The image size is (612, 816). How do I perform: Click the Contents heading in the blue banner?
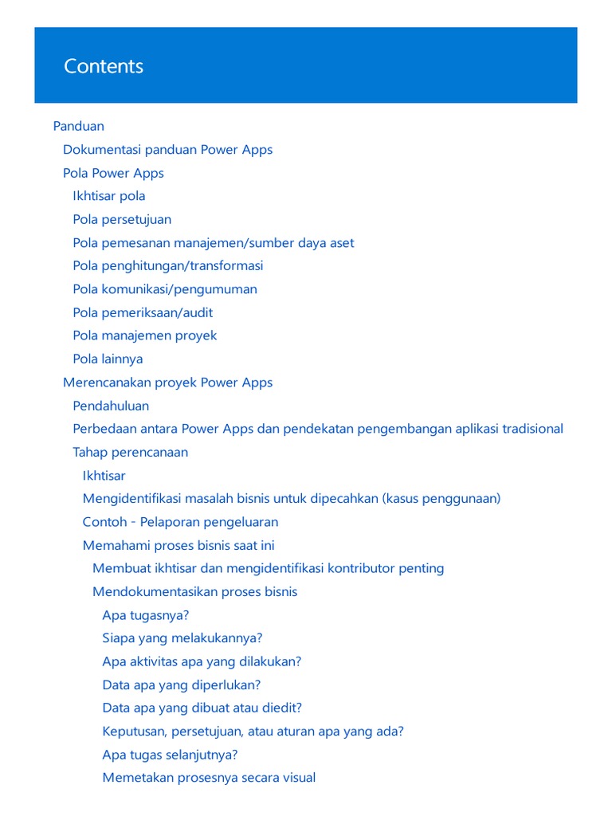pos(104,66)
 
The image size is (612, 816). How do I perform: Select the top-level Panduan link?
pos(78,126)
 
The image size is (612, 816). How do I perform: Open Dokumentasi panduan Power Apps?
pos(167,150)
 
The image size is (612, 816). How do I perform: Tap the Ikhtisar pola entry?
pos(109,196)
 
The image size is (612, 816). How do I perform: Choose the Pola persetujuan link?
pos(122,219)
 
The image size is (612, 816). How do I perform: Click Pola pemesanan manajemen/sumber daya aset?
pos(214,243)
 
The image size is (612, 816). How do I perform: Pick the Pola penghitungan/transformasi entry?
pos(167,265)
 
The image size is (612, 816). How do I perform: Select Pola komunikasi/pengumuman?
pos(165,289)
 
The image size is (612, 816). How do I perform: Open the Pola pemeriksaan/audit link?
pos(143,312)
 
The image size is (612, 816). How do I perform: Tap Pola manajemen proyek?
pos(145,335)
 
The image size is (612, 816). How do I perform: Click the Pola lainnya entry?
pos(108,359)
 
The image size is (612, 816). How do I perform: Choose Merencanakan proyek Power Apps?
pos(167,382)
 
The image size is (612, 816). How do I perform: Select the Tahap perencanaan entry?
pos(131,452)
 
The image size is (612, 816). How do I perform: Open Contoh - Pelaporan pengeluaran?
pos(180,522)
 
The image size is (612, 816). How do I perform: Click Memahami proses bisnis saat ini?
pos(178,546)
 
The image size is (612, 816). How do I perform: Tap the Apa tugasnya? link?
pos(146,615)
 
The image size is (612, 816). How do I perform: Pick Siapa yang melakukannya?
pos(182,638)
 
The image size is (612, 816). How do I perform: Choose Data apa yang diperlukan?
pos(182,685)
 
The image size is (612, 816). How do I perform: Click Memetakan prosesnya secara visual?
pos(209,778)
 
